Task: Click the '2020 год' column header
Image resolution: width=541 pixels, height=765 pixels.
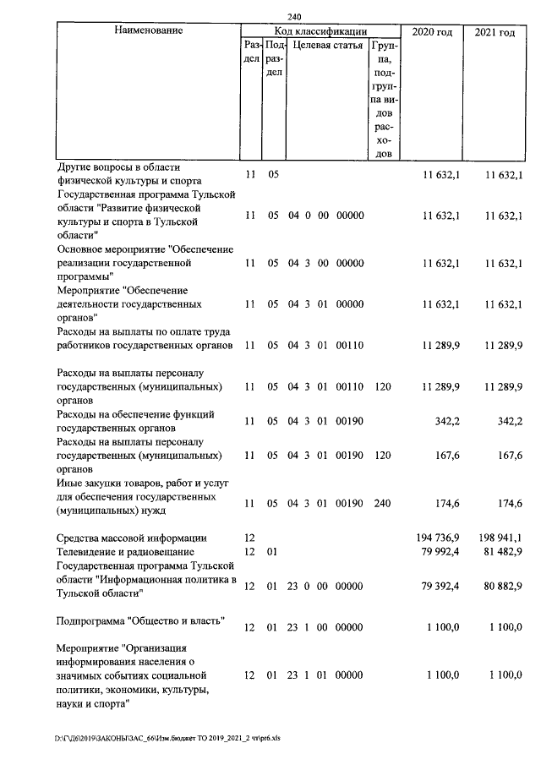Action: (x=432, y=32)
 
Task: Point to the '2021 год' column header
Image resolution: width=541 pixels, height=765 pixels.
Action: (x=495, y=32)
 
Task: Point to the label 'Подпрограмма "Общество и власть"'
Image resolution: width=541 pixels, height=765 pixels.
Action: (x=139, y=622)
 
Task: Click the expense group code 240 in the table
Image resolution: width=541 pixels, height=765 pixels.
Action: (x=382, y=503)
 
